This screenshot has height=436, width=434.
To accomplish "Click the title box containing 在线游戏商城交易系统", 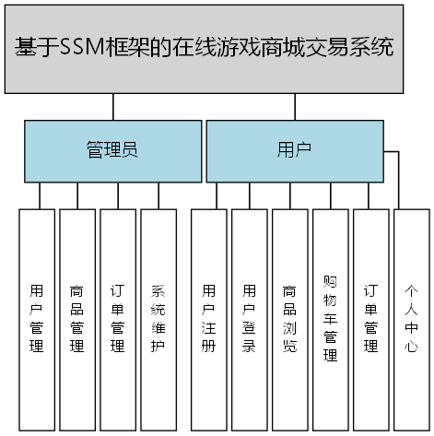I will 204,49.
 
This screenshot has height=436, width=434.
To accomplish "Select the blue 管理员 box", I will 112,150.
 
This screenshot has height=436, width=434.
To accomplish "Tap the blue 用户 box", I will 293,150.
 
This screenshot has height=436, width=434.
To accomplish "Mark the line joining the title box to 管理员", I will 112,106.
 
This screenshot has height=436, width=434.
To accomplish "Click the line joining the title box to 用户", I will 293,106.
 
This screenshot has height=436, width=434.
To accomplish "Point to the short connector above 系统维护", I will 158,195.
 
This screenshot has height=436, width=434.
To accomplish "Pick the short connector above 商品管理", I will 77,195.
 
